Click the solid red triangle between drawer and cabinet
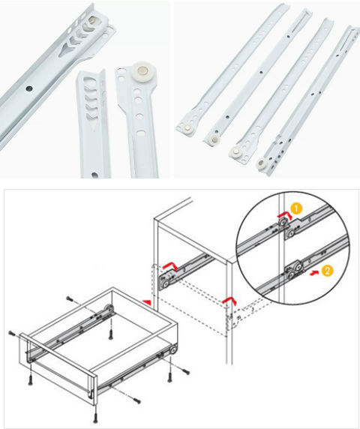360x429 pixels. (148, 301)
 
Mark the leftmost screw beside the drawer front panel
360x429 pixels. (12, 333)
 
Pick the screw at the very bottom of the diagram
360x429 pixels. (94, 418)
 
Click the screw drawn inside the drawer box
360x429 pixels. (111, 333)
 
